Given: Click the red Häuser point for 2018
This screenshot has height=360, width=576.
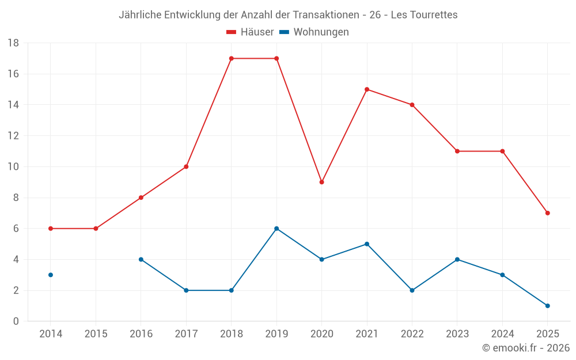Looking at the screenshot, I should pyautogui.click(x=231, y=58).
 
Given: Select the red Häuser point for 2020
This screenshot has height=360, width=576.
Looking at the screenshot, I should pyautogui.click(x=321, y=182).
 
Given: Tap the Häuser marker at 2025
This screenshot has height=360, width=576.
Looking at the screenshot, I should pyautogui.click(x=547, y=213).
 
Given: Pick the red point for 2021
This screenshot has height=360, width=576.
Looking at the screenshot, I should pyautogui.click(x=367, y=89).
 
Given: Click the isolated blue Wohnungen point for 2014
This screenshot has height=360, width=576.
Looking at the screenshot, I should pyautogui.click(x=51, y=275).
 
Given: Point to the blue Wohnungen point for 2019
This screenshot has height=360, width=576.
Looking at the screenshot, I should pyautogui.click(x=276, y=229).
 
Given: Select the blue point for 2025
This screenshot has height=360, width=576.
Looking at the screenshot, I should pyautogui.click(x=547, y=306).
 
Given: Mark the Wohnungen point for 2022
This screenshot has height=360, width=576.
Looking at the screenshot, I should pyautogui.click(x=412, y=290).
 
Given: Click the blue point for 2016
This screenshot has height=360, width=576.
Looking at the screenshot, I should pyautogui.click(x=141, y=259).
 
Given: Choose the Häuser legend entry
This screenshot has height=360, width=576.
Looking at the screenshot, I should pyautogui.click(x=250, y=32).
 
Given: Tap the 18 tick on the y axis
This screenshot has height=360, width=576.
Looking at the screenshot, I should pyautogui.click(x=13, y=43).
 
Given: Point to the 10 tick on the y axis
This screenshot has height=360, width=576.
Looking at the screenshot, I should pyautogui.click(x=13, y=167).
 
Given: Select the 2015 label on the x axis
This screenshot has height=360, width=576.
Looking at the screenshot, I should pyautogui.click(x=96, y=334).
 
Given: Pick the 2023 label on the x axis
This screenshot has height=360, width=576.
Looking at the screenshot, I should pyautogui.click(x=457, y=334).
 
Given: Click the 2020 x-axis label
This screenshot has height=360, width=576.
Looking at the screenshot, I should pyautogui.click(x=321, y=334).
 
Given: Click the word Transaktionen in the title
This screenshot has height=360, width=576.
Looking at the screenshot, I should pyautogui.click(x=332, y=15).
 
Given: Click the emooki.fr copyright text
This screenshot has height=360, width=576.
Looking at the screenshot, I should pyautogui.click(x=526, y=348).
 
